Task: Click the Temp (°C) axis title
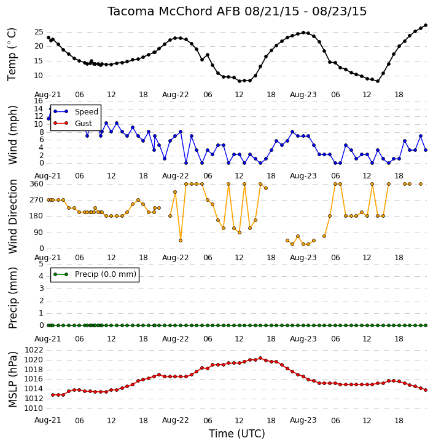click(12, 54)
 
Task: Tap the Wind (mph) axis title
click(13, 135)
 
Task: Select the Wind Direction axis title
click(13, 216)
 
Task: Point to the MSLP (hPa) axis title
click(13, 380)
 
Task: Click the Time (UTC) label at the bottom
click(237, 434)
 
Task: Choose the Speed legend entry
click(76, 111)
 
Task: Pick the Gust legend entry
click(73, 123)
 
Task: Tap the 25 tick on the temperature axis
click(39, 32)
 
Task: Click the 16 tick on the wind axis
click(39, 101)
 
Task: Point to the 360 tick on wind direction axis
click(37, 184)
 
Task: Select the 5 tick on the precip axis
click(41, 264)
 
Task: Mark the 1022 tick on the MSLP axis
click(34, 350)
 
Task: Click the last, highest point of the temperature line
click(426, 25)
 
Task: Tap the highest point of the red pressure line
click(260, 358)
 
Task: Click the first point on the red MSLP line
click(53, 395)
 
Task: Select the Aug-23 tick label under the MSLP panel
click(303, 420)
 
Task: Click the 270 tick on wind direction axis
click(37, 200)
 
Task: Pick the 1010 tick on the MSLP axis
click(34, 408)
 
